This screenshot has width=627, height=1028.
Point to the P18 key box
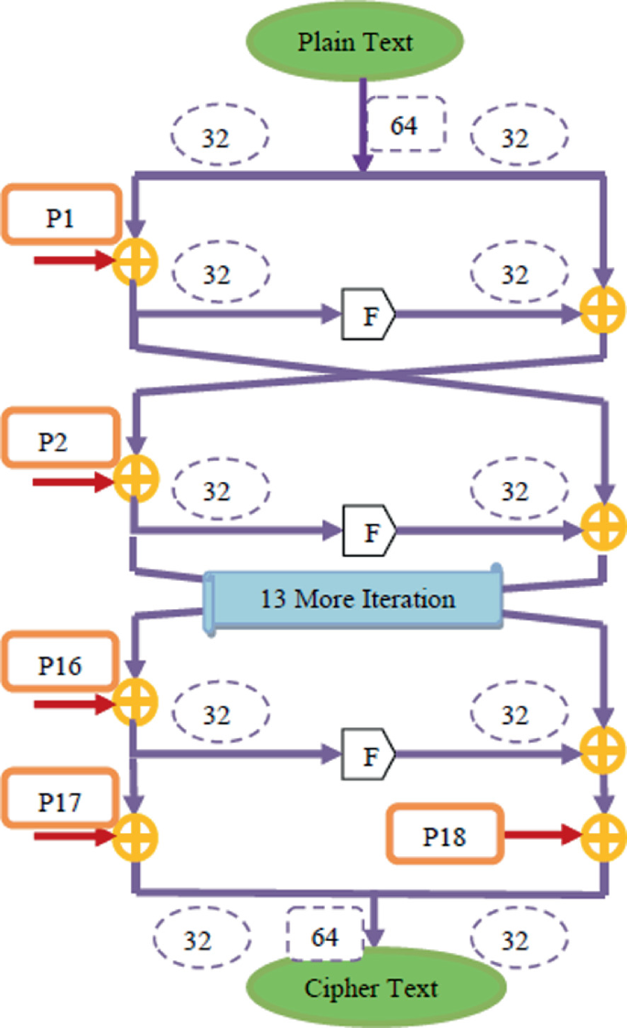[x=446, y=834]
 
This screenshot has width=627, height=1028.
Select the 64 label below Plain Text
[x=404, y=123]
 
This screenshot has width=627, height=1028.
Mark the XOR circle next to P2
[x=135, y=478]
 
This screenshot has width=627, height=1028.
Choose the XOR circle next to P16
[x=135, y=703]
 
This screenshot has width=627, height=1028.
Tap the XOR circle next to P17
[x=135, y=835]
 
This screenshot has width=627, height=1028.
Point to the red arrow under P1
[x=73, y=262]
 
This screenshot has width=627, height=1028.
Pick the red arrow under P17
[x=73, y=835]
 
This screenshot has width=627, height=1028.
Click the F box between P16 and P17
[x=369, y=755]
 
